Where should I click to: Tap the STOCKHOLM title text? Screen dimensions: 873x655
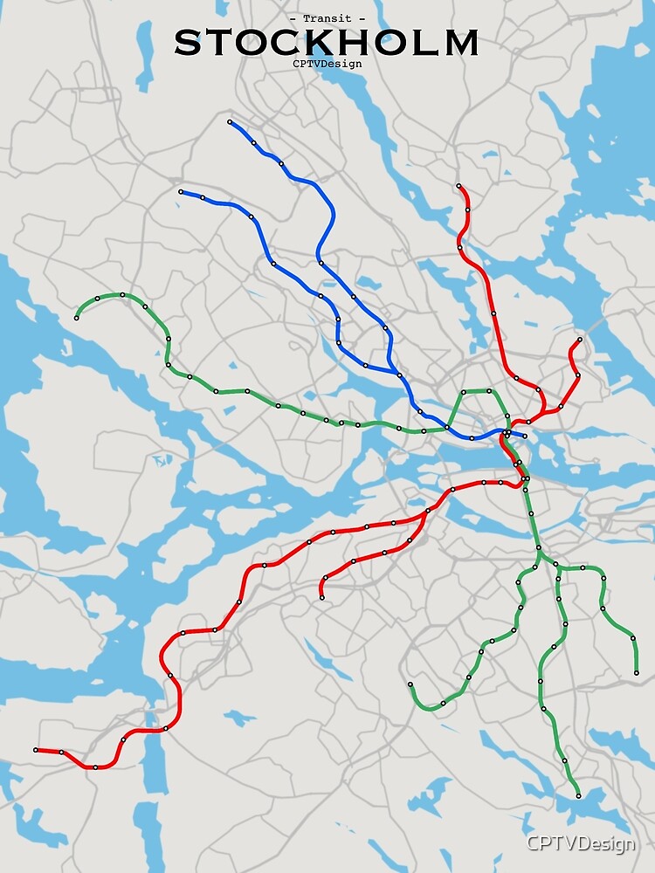(x=327, y=43)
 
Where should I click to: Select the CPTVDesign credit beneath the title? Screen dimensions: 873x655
(x=327, y=63)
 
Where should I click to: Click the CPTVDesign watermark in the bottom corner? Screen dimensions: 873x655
(x=580, y=842)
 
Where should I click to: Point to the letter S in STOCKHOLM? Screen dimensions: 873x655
(x=188, y=43)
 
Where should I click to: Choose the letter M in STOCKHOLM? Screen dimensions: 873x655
(x=461, y=43)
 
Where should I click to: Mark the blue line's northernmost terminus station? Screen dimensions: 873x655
(x=229, y=122)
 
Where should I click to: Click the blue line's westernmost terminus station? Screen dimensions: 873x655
(x=181, y=192)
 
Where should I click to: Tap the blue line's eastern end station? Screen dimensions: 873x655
(x=525, y=436)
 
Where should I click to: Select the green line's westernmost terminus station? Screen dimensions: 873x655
(x=77, y=318)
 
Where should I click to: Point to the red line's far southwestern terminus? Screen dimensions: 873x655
(x=36, y=750)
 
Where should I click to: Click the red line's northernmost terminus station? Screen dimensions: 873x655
(x=458, y=186)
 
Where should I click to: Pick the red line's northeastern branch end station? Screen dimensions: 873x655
(x=580, y=340)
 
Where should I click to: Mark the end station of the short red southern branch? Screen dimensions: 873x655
(x=322, y=597)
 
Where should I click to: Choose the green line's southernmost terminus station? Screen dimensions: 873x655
(x=578, y=796)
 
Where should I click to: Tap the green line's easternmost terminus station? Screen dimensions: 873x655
(x=636, y=673)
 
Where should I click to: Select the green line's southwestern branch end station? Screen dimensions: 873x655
(x=410, y=684)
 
